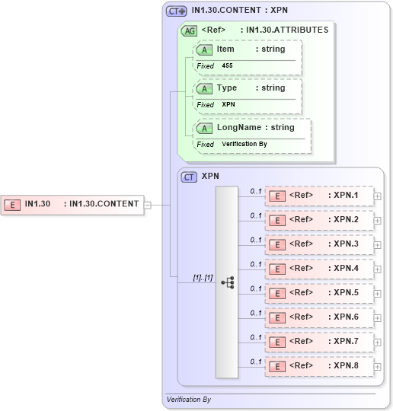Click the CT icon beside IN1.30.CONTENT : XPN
[x=176, y=11]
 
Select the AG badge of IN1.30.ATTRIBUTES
[x=189, y=31]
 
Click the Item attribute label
[x=225, y=49]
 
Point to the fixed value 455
[x=227, y=66]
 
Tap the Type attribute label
[x=226, y=88]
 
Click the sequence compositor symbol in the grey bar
[x=227, y=282]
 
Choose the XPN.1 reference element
[x=318, y=196]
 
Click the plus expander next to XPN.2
[x=377, y=221]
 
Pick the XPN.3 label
[x=346, y=244]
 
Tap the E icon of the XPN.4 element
[x=278, y=269]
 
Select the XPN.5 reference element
[x=318, y=293]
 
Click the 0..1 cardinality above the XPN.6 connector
[x=256, y=312]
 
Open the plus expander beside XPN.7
[x=377, y=342]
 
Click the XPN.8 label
[x=346, y=365]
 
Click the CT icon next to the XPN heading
[x=190, y=177]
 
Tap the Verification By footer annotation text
[x=189, y=400]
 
